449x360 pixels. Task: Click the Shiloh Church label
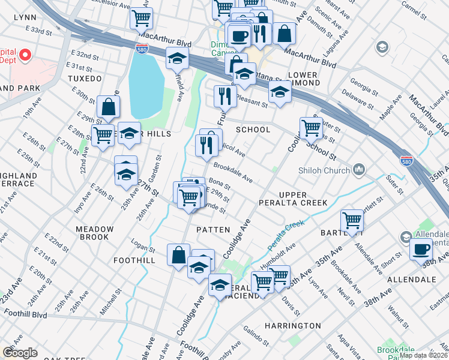tap(324, 170)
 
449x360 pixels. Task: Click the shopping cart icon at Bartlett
tap(352, 220)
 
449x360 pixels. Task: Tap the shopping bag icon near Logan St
tap(178, 254)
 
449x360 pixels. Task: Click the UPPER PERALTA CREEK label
tap(303, 199)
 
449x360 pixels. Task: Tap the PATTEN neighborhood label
tap(213, 229)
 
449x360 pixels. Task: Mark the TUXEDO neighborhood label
tap(85, 79)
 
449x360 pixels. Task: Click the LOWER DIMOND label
tap(303, 79)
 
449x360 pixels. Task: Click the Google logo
tap(20, 353)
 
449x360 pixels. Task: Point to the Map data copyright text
tap(423, 355)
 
